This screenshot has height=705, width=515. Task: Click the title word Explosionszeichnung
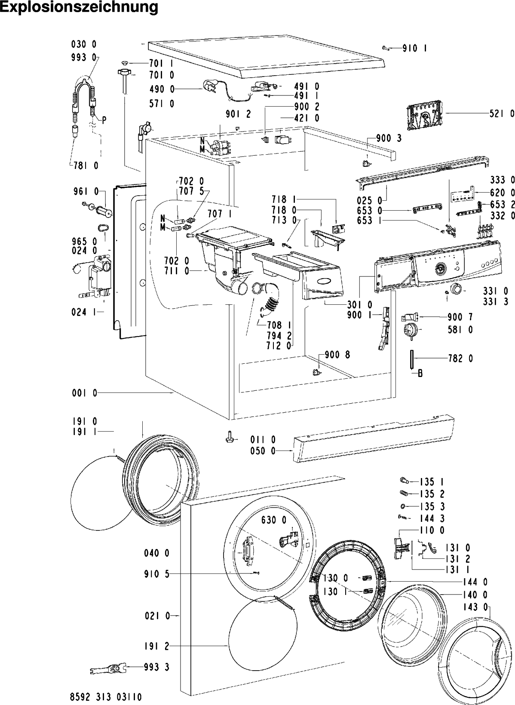click(79, 8)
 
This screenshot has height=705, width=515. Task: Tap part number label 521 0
click(502, 113)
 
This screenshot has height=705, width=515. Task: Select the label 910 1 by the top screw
click(415, 49)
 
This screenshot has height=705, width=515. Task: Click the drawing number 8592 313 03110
click(106, 696)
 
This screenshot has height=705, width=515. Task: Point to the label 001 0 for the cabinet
click(85, 393)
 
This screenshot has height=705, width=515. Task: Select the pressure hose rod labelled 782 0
click(412, 359)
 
